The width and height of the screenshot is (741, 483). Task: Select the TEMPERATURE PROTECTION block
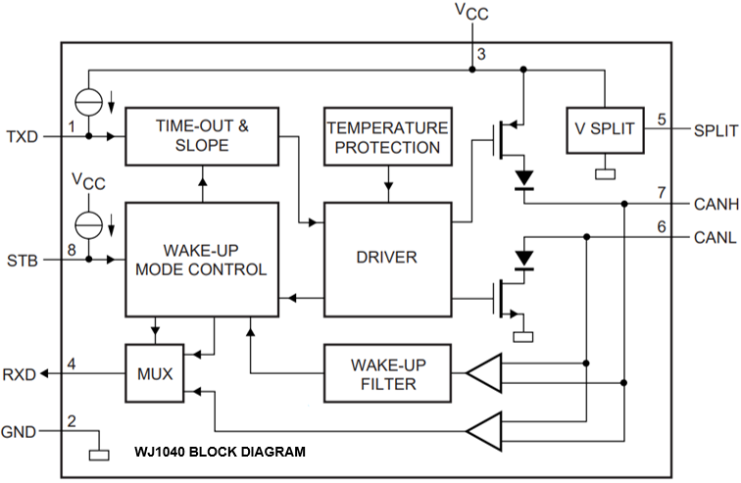click(x=387, y=138)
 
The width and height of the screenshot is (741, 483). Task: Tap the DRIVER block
click(x=387, y=259)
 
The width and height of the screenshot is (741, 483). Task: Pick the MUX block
click(x=154, y=372)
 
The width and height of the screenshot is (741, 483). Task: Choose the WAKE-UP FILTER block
click(x=387, y=373)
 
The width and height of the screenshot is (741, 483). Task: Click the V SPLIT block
click(x=604, y=128)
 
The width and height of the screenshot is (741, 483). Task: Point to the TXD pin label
click(x=22, y=136)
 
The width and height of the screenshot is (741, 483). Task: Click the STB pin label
click(x=22, y=261)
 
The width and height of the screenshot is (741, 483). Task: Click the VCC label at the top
click(x=471, y=12)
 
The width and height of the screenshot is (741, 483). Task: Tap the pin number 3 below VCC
click(x=479, y=53)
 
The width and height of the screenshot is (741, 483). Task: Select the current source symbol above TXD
click(x=89, y=100)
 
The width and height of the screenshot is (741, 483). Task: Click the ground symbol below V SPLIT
click(x=604, y=174)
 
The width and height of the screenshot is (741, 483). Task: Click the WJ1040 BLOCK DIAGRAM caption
click(x=221, y=453)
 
